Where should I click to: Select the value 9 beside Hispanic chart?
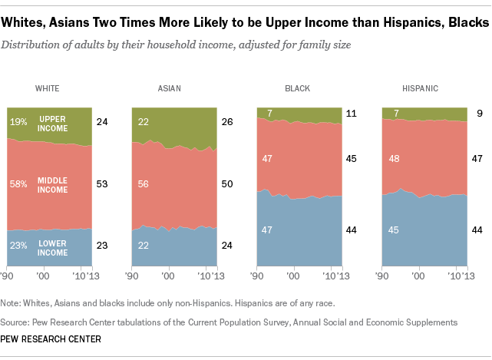tap(479, 114)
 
